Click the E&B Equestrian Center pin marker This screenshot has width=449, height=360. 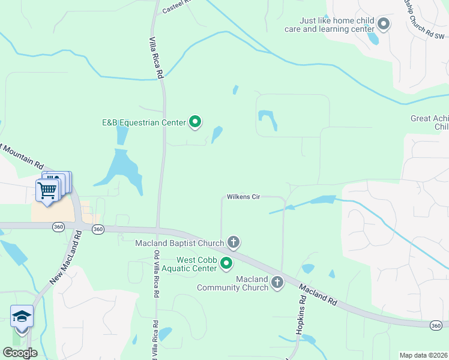coord(195,122)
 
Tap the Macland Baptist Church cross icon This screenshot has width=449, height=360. coord(234,242)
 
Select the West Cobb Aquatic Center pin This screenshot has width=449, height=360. coord(226,263)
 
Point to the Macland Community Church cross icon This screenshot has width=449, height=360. coord(277,282)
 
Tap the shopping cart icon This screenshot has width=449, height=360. coord(47,190)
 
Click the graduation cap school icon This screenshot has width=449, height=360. coord(21,316)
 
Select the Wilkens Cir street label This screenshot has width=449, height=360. coord(243,197)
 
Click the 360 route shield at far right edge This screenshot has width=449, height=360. coord(436,325)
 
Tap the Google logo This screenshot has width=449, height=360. coord(20,353)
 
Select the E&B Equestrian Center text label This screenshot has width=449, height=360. coord(143,123)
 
